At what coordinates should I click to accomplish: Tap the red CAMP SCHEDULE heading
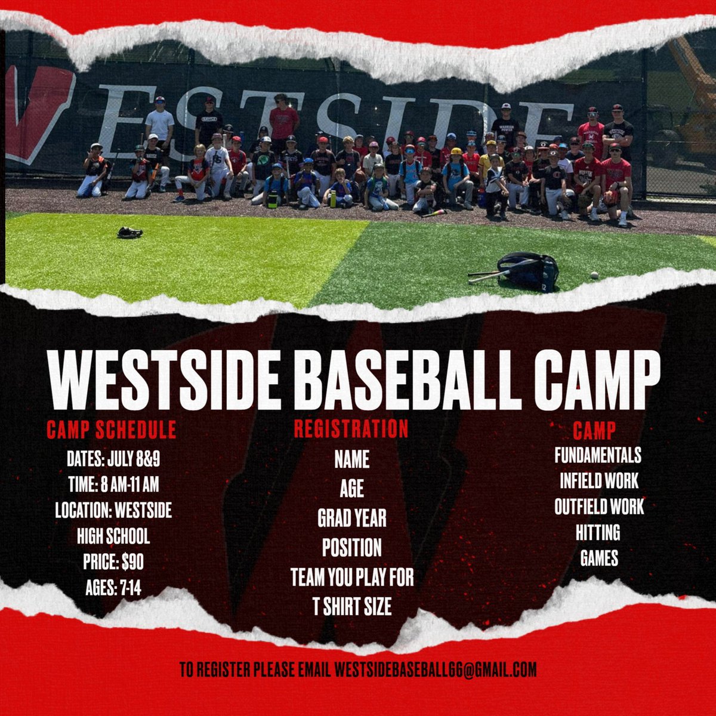pyautogui.click(x=112, y=430)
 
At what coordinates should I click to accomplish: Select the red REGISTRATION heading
pyautogui.click(x=351, y=429)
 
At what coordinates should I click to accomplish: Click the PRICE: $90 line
pyautogui.click(x=113, y=562)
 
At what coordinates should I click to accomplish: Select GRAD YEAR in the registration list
pyautogui.click(x=351, y=518)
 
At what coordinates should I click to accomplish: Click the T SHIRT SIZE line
pyautogui.click(x=352, y=607)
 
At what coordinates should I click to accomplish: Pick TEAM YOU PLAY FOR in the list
pyautogui.click(x=352, y=577)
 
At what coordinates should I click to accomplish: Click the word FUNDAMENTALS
pyautogui.click(x=598, y=455)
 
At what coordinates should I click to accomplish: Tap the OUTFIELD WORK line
pyautogui.click(x=599, y=507)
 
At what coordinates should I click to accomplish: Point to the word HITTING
pyautogui.click(x=598, y=532)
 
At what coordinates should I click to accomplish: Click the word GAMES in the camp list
pyautogui.click(x=599, y=558)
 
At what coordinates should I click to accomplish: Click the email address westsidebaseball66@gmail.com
pyautogui.click(x=435, y=669)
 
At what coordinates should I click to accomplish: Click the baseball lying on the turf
pyautogui.click(x=594, y=275)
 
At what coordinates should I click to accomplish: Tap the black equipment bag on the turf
pyautogui.click(x=529, y=270)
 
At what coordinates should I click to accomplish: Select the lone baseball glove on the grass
pyautogui.click(x=129, y=232)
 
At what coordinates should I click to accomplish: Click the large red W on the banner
pyautogui.click(x=42, y=113)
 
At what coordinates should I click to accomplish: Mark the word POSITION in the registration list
pyautogui.click(x=351, y=547)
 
